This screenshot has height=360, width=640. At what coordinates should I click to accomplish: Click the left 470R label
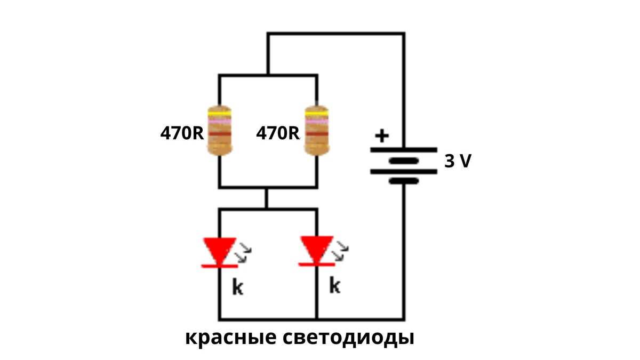pos(182,133)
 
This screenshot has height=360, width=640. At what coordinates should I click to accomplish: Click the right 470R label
pos(278,133)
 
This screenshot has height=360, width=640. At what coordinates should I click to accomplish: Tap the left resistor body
pos(220,131)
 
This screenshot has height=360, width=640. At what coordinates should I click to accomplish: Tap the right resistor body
pos(316,131)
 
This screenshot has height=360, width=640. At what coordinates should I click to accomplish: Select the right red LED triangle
pos(316,249)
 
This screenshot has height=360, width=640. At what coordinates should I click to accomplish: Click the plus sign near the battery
pos(381,135)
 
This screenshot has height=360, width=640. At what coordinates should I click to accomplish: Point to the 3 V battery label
pos(458,161)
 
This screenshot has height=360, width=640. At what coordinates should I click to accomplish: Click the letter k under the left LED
pos(237,287)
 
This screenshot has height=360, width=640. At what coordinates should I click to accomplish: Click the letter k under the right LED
pos(334,286)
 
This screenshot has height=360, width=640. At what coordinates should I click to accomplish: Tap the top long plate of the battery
pos(404,150)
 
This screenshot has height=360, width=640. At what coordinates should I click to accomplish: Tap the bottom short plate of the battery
pos(404,181)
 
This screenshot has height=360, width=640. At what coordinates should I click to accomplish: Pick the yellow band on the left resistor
pos(220,114)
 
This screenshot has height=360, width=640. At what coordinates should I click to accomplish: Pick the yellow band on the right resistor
pos(316,114)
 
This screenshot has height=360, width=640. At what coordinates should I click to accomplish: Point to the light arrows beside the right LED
pos(341,251)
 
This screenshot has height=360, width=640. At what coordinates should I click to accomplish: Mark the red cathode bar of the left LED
pos(219,266)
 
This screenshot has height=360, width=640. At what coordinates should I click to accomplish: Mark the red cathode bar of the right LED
pos(316,264)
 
